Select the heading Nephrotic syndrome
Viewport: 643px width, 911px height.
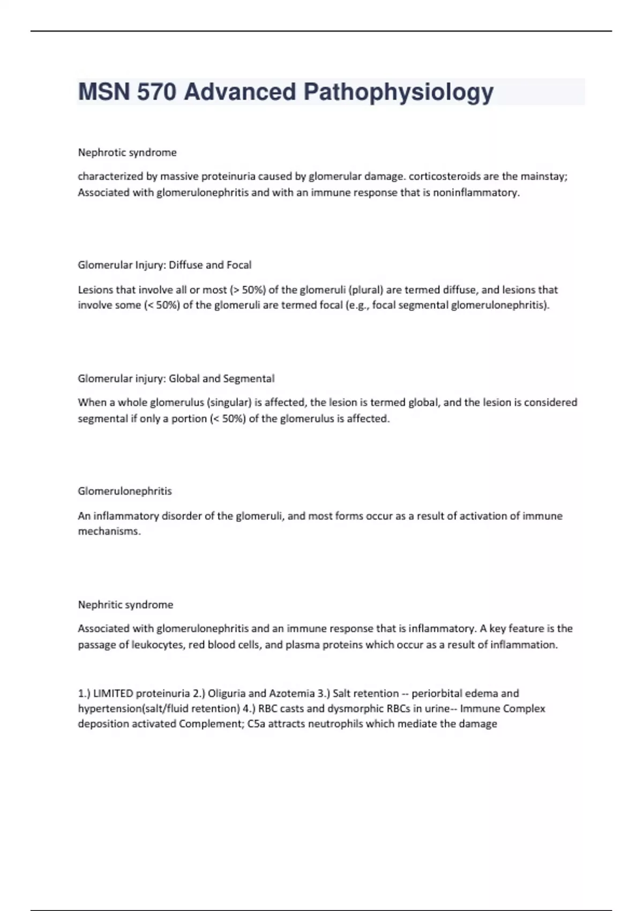click(127, 152)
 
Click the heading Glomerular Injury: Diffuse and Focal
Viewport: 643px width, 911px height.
click(165, 265)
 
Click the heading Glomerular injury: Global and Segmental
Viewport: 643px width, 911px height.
click(176, 378)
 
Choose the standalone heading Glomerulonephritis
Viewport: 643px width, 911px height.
click(125, 491)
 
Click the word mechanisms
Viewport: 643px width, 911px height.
click(109, 532)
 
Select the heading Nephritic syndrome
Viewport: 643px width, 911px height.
click(125, 604)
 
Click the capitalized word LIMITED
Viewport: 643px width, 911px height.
click(113, 693)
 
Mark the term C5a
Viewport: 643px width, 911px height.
click(258, 724)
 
